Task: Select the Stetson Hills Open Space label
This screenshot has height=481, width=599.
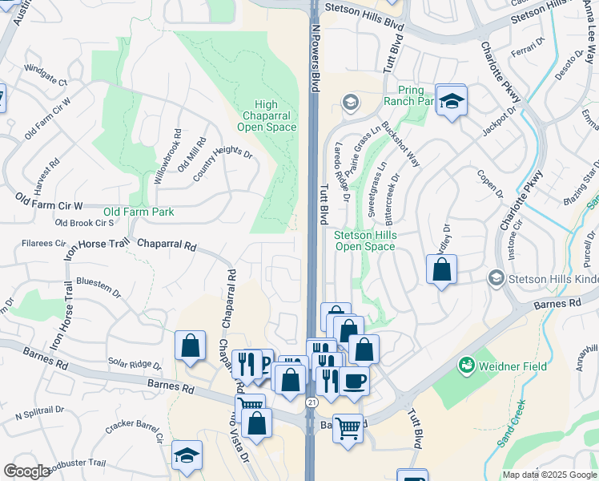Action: click(364, 240)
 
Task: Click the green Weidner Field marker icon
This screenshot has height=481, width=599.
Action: click(465, 366)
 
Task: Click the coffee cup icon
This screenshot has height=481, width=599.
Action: click(354, 380)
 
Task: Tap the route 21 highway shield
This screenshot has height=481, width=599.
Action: click(310, 401)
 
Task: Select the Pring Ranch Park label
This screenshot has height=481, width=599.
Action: click(409, 95)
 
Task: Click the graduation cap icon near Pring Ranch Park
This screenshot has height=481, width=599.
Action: click(452, 101)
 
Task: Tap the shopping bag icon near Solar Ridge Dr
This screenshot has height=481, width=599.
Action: click(191, 346)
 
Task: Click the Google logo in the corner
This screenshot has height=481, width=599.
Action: click(26, 471)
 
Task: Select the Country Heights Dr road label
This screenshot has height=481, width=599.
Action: click(222, 153)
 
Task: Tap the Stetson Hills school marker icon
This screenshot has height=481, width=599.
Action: click(496, 278)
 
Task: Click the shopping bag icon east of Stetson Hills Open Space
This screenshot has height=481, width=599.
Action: click(441, 269)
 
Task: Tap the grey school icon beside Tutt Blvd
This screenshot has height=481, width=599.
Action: click(350, 103)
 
